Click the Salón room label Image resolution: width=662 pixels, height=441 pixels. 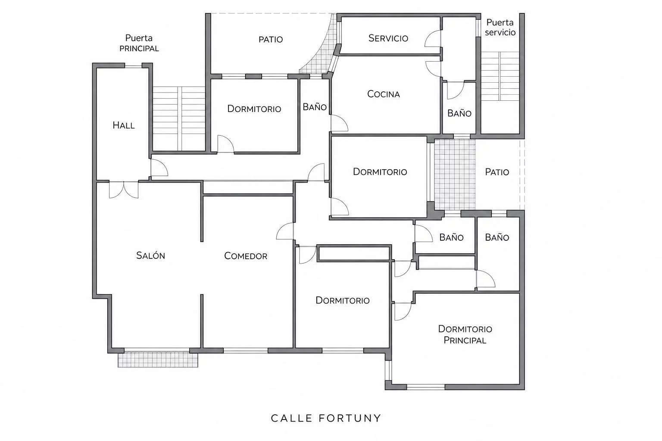click(x=150, y=255)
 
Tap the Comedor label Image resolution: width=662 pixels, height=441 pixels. click(x=246, y=255)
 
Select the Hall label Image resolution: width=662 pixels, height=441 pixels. click(x=124, y=125)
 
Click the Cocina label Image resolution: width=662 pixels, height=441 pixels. click(x=383, y=94)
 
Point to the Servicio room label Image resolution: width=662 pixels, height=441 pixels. click(x=388, y=38)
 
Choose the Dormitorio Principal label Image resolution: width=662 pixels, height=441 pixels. click(x=465, y=334)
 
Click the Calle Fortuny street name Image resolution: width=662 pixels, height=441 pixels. click(x=326, y=418)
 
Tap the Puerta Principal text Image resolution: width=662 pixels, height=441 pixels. click(x=139, y=43)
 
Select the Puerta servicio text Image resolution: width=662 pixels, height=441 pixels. click(x=500, y=27)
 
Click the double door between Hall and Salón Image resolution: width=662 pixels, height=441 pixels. click(x=124, y=189)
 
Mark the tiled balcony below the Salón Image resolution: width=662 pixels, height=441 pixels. click(x=158, y=360)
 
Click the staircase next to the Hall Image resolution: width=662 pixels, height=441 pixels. click(x=179, y=118)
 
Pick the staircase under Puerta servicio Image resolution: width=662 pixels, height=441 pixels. click(x=500, y=76)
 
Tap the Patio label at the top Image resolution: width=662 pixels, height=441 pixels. click(x=270, y=39)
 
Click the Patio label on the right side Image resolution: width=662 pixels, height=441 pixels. click(x=497, y=172)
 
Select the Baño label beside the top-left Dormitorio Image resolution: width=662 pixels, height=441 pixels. click(x=315, y=107)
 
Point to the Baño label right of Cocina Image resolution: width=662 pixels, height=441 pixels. click(x=459, y=113)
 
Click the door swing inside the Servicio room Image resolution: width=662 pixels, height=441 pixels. click(x=432, y=39)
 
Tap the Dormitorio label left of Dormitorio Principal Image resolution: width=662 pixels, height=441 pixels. click(x=343, y=301)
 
